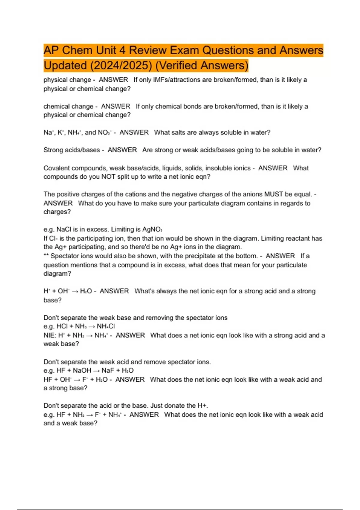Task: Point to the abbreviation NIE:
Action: coord(50,335)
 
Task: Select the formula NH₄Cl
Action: coord(106,326)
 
